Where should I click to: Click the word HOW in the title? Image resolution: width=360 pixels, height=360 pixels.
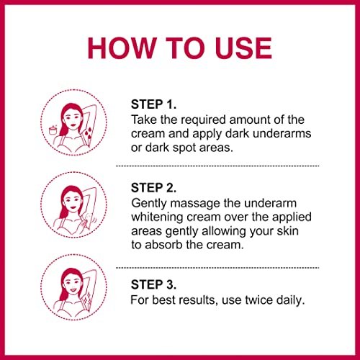(x=122, y=48)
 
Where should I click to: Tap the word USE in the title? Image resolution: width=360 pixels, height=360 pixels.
(x=243, y=48)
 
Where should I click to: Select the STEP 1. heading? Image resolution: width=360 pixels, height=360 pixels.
(x=153, y=104)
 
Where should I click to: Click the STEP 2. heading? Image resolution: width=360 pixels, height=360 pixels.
(x=153, y=188)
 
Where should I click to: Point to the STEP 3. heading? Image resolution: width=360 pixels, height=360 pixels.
(x=153, y=284)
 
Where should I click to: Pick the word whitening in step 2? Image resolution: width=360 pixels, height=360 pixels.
(x=158, y=217)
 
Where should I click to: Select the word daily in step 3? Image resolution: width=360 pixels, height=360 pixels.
(x=290, y=300)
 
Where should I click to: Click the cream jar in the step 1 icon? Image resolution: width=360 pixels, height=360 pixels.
(x=53, y=130)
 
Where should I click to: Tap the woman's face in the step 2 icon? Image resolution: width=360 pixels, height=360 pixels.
(x=72, y=202)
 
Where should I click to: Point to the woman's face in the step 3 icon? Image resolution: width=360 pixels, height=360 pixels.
(x=72, y=285)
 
